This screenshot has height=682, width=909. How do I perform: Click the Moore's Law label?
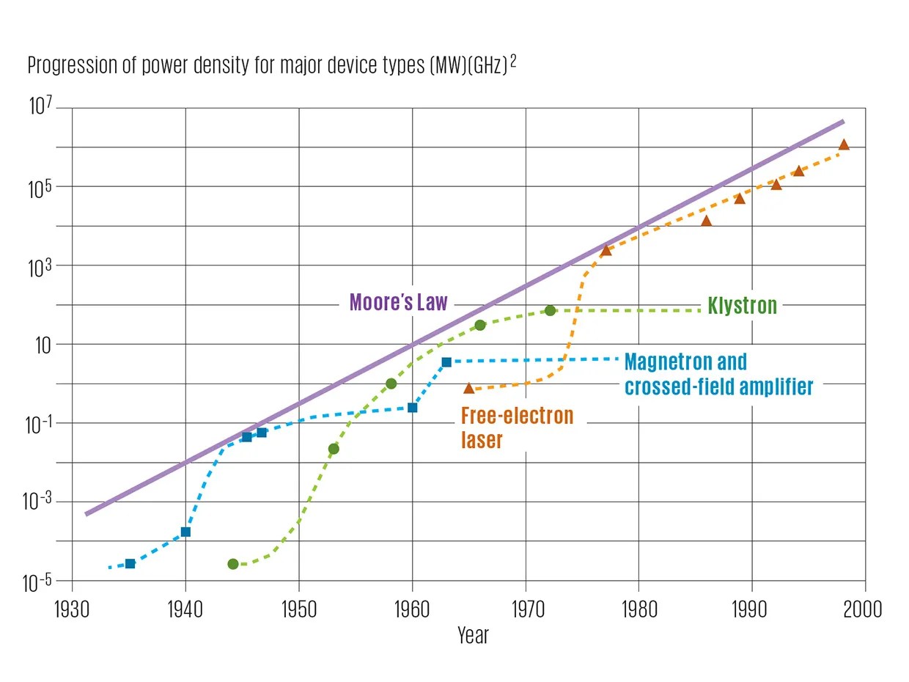click(x=398, y=302)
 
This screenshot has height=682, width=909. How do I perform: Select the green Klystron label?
click(x=742, y=305)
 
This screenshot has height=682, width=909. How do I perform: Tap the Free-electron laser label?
click(x=517, y=428)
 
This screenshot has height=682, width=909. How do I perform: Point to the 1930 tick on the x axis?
click(x=72, y=609)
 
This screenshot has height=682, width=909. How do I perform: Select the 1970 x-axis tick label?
click(x=525, y=609)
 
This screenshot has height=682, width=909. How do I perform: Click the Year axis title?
click(x=473, y=635)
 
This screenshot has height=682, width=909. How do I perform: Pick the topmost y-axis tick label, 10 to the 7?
click(x=42, y=108)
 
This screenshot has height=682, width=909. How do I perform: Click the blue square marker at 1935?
click(x=130, y=564)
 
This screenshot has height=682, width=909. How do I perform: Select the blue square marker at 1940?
click(x=185, y=532)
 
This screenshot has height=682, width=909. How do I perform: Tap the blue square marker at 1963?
click(x=446, y=362)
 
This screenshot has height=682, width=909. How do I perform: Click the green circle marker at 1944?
click(x=233, y=564)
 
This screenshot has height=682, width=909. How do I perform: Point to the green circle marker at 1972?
click(x=550, y=310)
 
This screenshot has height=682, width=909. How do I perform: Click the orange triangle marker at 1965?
click(x=469, y=388)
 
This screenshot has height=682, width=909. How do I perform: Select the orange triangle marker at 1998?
click(x=844, y=144)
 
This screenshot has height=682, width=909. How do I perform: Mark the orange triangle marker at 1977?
click(x=606, y=251)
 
